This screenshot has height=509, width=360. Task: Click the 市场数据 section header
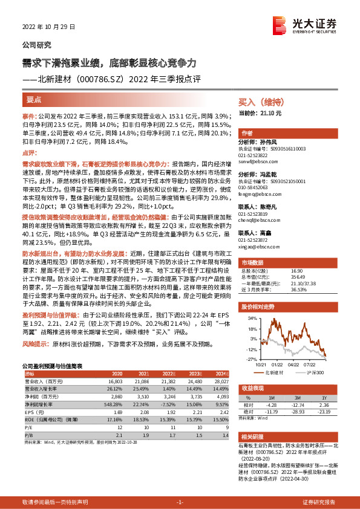point(253,263)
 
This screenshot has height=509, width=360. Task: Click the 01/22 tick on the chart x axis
point(277,364)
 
